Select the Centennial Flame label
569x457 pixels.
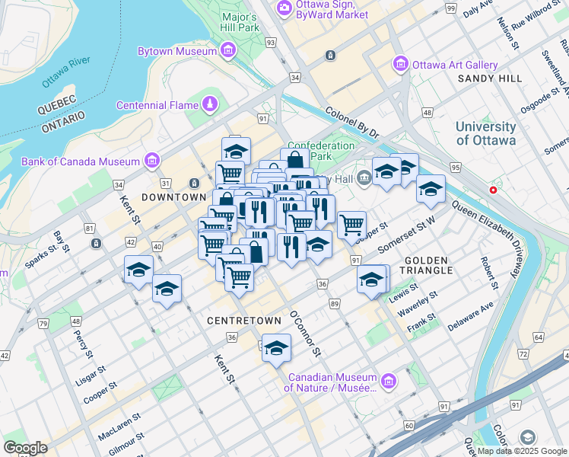[157, 104]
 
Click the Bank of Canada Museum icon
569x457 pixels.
[152, 161]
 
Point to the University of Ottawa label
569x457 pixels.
[485, 133]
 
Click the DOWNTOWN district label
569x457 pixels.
[163, 197]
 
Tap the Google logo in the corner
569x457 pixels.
[26, 448]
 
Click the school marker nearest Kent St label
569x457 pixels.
[139, 270]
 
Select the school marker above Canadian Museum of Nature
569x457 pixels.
[277, 348]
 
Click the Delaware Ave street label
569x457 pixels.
[471, 315]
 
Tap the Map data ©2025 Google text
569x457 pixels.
[522, 451]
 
